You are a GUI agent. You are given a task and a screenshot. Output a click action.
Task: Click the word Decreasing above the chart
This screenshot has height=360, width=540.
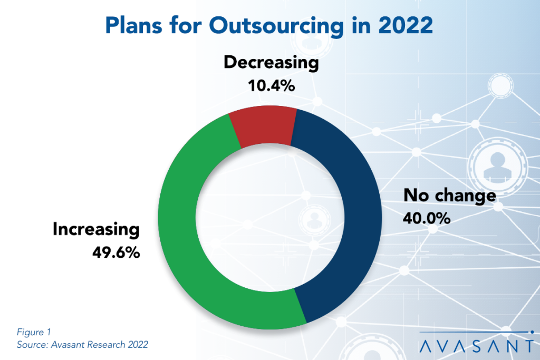coord(271,63)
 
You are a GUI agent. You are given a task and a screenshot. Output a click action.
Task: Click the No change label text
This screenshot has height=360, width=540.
coord(449,196)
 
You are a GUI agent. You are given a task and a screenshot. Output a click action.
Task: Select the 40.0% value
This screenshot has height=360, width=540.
coord(427,217)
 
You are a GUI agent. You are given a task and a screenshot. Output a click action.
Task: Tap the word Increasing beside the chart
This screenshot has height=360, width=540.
coord(96,230)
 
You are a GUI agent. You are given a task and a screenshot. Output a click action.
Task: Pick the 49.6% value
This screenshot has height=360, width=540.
coord(116,252)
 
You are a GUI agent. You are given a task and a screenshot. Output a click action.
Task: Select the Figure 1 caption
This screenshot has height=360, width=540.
coord(34,332)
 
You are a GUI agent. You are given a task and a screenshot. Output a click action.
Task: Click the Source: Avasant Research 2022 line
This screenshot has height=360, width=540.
coord(82,345)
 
